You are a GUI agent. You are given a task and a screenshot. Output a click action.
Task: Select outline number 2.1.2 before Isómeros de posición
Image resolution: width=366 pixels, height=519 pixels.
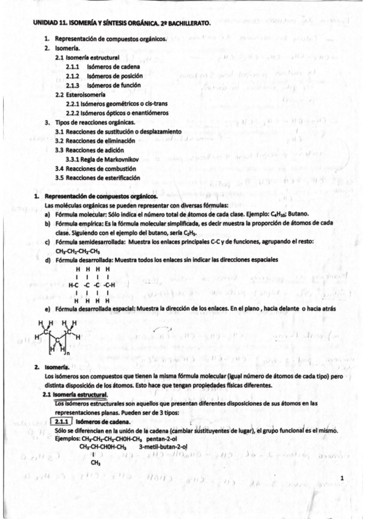[x=73, y=76]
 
